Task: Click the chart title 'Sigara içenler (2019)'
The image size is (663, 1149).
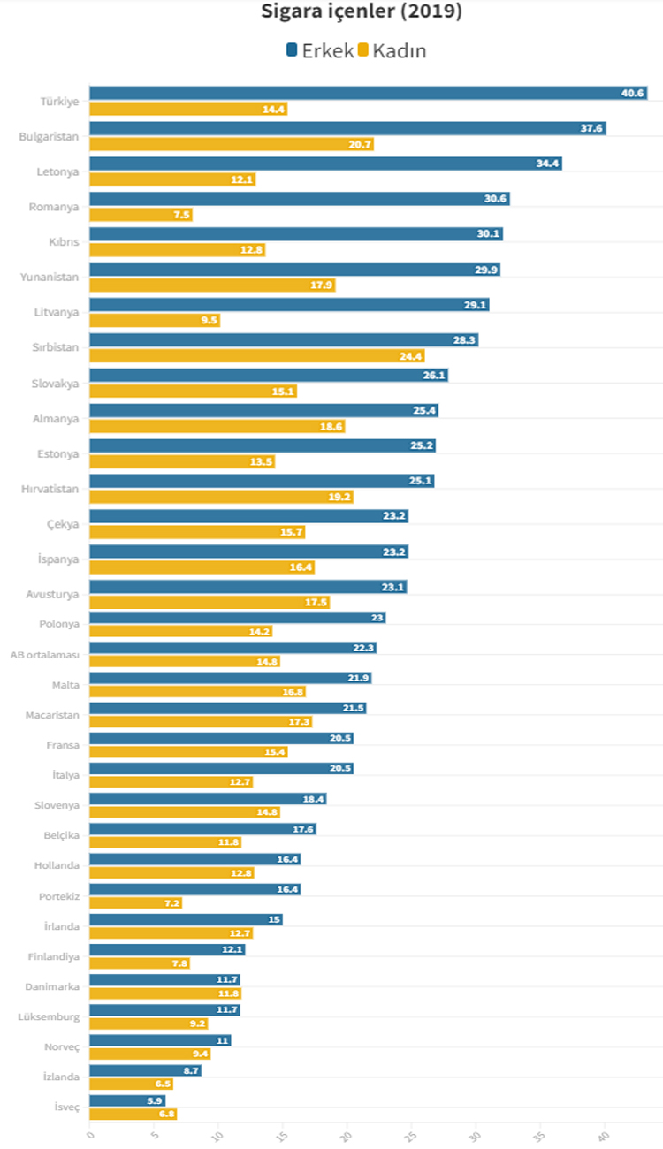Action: [x=362, y=12]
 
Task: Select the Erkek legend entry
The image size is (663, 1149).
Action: [x=319, y=50]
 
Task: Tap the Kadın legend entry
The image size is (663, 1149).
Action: [x=392, y=50]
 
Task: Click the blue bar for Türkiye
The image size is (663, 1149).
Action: [x=368, y=93]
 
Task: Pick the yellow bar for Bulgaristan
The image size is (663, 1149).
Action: [x=231, y=144]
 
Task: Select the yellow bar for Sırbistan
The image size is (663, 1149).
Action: [x=256, y=356]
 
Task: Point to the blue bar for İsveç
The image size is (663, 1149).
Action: [x=127, y=1100]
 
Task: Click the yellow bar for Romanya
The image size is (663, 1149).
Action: [x=141, y=215]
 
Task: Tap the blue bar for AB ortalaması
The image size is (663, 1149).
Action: [x=232, y=648]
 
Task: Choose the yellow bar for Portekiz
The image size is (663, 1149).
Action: [x=135, y=902]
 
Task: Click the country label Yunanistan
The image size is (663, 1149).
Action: [x=50, y=278]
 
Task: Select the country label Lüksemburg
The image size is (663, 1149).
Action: [x=49, y=1016]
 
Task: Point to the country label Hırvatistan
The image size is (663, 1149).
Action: [x=49, y=489]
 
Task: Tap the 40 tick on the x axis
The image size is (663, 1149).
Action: [x=605, y=1134]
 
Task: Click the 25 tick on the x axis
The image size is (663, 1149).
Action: [x=411, y=1134]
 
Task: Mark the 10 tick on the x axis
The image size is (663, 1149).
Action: [x=217, y=1134]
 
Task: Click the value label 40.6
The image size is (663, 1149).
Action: [x=633, y=93]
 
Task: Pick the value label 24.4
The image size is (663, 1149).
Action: [x=411, y=356]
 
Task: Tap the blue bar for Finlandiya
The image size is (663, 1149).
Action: [x=167, y=949]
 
